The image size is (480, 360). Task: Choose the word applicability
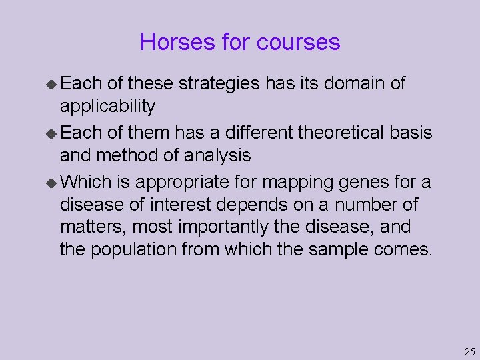(107, 107)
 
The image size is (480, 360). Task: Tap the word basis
(410, 133)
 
